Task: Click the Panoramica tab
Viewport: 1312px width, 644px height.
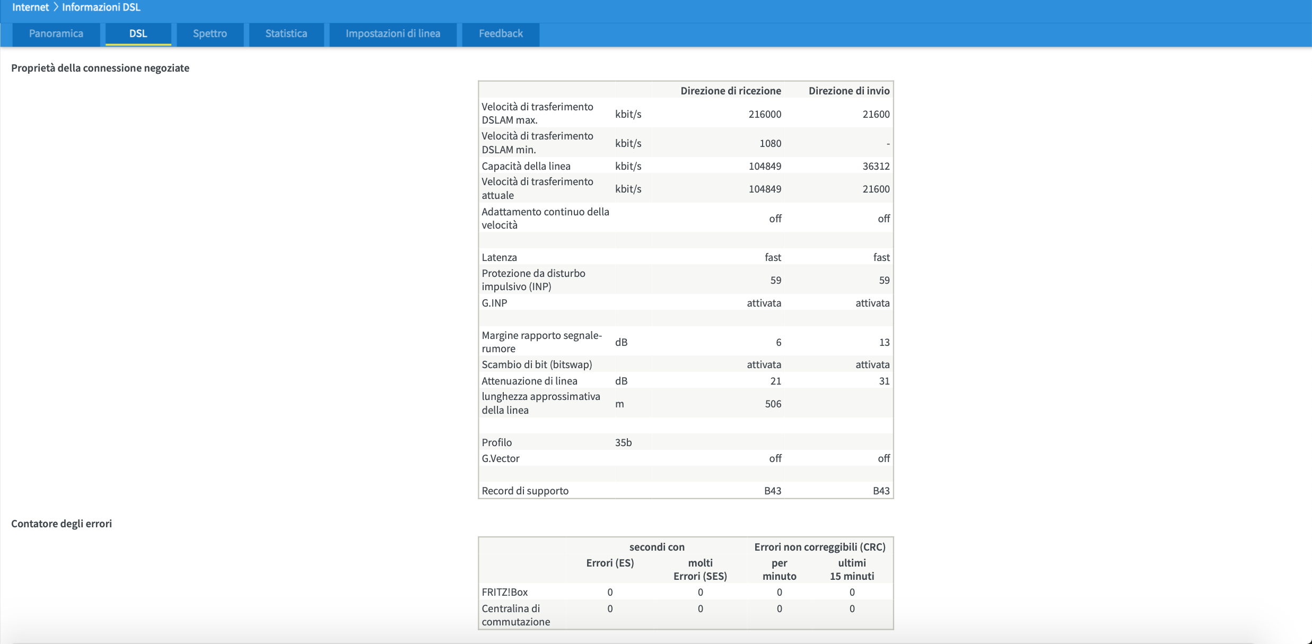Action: [56, 34]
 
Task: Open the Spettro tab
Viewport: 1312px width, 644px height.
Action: [210, 34]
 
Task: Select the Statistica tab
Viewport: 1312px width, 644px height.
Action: [286, 34]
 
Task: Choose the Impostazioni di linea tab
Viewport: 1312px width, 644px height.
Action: [393, 34]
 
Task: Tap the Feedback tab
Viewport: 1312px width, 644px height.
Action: [501, 34]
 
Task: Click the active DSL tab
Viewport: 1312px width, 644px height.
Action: [138, 34]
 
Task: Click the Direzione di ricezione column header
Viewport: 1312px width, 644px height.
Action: [731, 91]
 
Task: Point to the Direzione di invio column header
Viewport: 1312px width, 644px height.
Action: [849, 91]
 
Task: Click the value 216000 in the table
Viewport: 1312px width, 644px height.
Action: [765, 114]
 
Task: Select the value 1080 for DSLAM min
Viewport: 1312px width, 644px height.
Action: [771, 143]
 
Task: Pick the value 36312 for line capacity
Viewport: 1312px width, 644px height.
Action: [876, 166]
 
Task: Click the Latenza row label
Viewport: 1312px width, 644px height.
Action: [499, 257]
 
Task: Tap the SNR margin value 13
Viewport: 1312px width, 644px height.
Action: [885, 342]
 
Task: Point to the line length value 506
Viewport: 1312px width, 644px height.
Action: [773, 404]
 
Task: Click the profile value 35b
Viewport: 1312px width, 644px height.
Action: [623, 442]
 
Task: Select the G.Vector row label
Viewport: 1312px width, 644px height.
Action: [501, 458]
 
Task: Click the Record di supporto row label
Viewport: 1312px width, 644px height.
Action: [525, 491]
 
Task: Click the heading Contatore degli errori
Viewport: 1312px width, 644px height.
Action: [62, 524]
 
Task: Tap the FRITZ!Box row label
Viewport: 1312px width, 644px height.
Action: [505, 592]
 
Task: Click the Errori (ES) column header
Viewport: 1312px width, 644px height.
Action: [610, 563]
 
